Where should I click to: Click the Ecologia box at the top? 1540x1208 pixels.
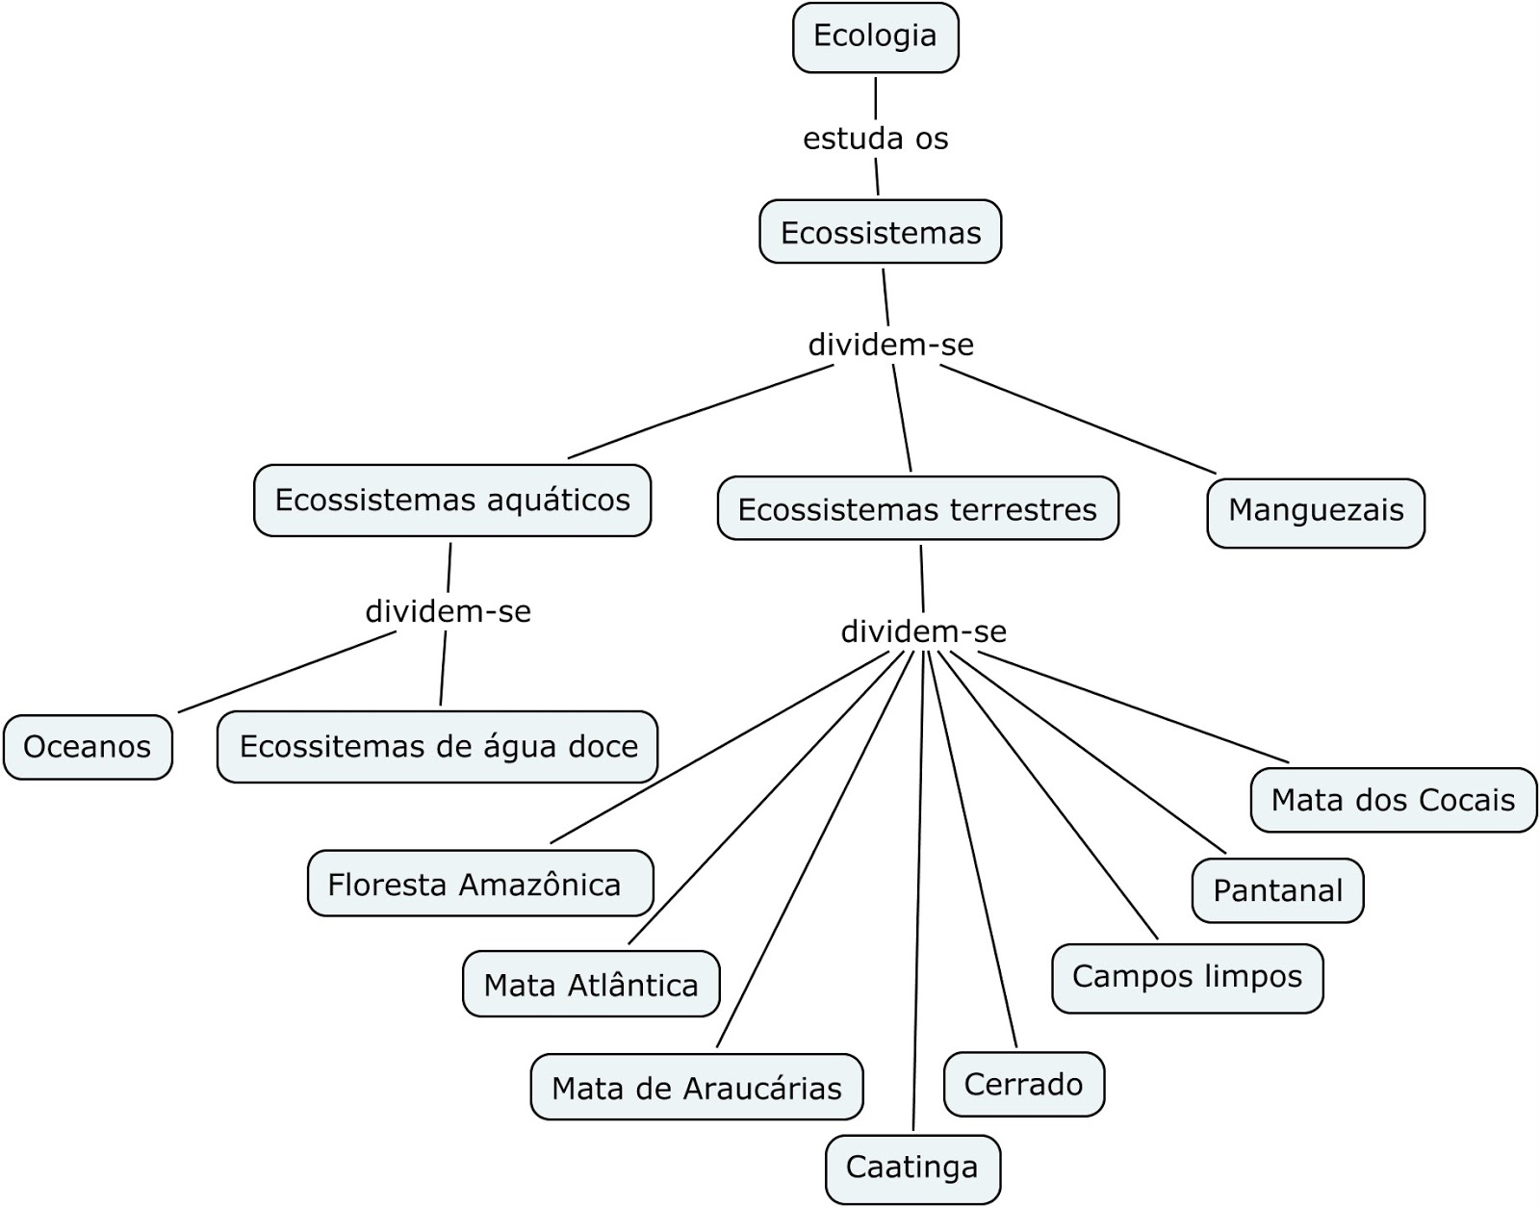875,37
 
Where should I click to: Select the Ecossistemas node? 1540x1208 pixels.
880,232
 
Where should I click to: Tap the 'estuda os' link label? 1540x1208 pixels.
875,139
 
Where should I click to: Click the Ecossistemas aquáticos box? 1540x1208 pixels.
452,501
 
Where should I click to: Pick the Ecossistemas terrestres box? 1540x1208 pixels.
917,509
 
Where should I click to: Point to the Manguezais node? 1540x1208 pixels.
1315,510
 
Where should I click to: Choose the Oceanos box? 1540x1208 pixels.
88,747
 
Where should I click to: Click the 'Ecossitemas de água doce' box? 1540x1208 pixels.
438,747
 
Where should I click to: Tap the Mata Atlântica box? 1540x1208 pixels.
591,985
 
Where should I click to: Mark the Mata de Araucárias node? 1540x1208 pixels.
697,1088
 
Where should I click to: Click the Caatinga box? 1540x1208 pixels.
912,1168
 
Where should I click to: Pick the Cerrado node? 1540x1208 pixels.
1023,1085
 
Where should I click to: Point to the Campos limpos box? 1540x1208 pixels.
1187,977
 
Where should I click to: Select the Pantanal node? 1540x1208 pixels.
1277,890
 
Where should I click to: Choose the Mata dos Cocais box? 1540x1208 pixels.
1393,800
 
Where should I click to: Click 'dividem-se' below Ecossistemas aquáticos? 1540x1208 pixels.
448,611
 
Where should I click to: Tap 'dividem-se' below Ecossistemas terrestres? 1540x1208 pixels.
923,631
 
